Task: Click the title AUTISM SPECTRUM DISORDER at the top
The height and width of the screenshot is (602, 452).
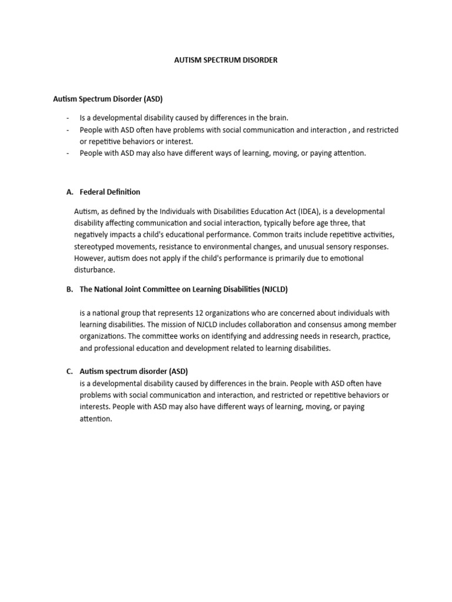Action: pyautogui.click(x=226, y=61)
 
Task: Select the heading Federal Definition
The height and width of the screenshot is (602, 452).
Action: pyautogui.click(x=110, y=192)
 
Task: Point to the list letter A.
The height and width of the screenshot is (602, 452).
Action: pyautogui.click(x=69, y=192)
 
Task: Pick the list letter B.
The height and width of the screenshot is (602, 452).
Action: pyautogui.click(x=69, y=289)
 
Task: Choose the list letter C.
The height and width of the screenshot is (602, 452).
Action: pyautogui.click(x=69, y=372)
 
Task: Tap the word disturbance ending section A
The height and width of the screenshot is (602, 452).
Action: pyautogui.click(x=94, y=270)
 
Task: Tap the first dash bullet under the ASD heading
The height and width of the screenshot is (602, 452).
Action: pyautogui.click(x=68, y=118)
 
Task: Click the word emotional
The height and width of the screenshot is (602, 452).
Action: pyautogui.click(x=347, y=258)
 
